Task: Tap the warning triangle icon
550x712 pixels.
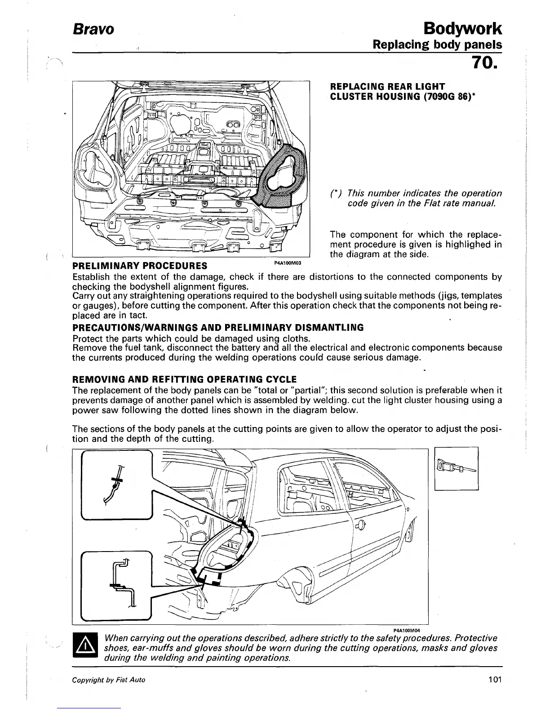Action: pyautogui.click(x=85, y=647)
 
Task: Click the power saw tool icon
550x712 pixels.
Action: pyautogui.click(x=457, y=467)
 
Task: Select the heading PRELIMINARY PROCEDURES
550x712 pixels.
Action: pyautogui.click(x=140, y=266)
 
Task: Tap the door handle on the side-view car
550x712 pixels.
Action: pyautogui.click(x=360, y=525)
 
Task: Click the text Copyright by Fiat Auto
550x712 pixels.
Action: pyautogui.click(x=109, y=680)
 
